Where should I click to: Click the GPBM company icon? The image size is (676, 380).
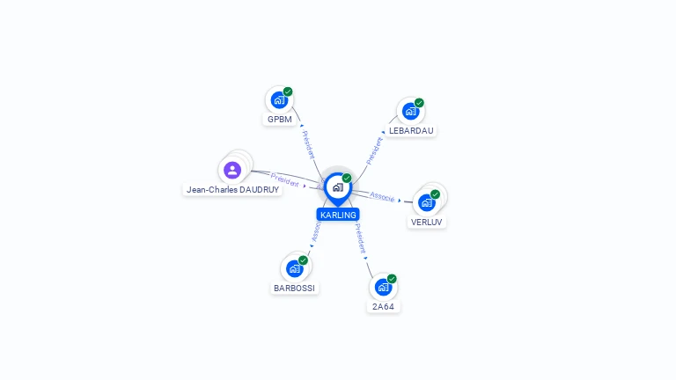tap(279, 100)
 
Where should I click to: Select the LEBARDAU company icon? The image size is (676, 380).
tap(410, 112)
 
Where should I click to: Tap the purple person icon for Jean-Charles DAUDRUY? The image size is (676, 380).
tap(232, 170)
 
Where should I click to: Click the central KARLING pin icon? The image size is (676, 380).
tap(337, 187)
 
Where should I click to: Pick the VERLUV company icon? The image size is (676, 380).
tap(427, 202)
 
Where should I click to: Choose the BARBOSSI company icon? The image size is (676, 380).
tap(295, 268)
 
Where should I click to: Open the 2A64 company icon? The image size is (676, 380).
tap(383, 288)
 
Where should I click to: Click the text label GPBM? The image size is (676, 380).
tap(280, 119)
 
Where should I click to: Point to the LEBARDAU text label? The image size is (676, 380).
tap(411, 130)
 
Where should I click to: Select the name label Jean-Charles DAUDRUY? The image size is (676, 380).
tap(232, 189)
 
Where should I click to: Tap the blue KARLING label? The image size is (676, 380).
tap(338, 215)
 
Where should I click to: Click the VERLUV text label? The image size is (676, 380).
tap(427, 222)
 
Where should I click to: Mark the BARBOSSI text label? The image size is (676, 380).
tap(295, 288)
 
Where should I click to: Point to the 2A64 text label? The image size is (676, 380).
tap(383, 306)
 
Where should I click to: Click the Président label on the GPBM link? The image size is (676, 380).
tap(308, 144)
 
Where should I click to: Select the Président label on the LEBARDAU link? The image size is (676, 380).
tap(375, 150)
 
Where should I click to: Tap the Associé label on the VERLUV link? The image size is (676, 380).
tap(382, 196)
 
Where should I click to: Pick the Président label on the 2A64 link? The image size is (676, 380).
tap(360, 238)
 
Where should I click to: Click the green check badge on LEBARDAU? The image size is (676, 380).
tap(419, 103)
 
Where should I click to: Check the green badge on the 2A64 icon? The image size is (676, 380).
tap(392, 279)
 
